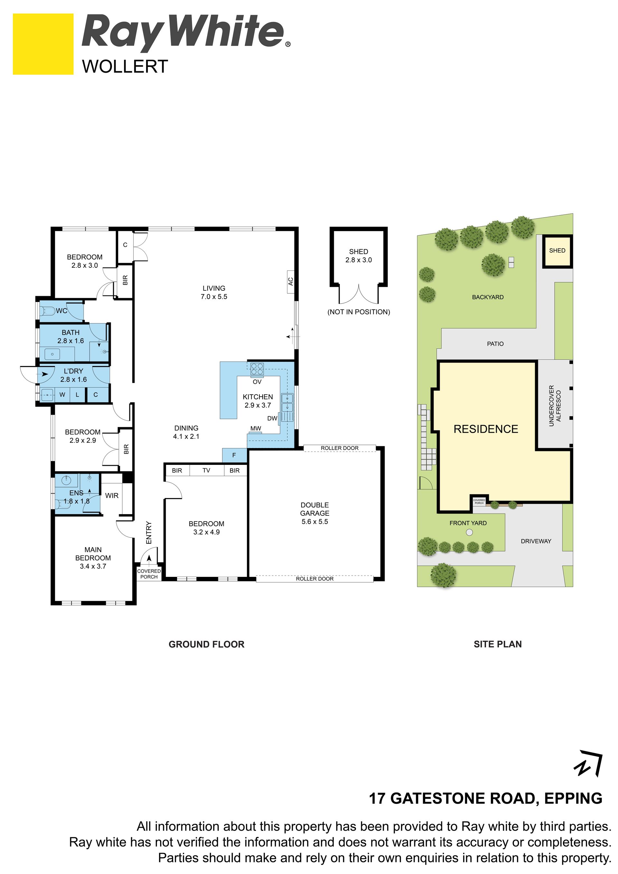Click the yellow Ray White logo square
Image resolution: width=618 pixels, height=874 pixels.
[x=43, y=44]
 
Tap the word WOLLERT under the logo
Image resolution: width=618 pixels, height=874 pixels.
[x=125, y=67]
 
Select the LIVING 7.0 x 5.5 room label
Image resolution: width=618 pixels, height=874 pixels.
[x=214, y=292]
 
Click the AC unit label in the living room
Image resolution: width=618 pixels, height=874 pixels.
[x=291, y=281]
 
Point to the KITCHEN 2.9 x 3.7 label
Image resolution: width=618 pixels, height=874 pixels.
[x=257, y=401]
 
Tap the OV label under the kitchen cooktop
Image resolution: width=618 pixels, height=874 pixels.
[x=257, y=382]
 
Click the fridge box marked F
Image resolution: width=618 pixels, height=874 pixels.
[x=234, y=455]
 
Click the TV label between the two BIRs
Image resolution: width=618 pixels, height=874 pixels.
[x=206, y=471]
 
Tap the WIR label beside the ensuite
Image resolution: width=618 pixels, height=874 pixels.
[x=112, y=496]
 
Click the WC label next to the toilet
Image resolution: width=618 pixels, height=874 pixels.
[x=62, y=311]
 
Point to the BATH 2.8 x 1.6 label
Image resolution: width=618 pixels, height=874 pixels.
[x=71, y=336]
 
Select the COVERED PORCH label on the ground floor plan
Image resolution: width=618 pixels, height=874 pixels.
[x=149, y=574]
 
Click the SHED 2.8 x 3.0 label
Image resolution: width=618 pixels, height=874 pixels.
[x=359, y=256]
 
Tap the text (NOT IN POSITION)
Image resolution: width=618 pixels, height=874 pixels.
[x=359, y=312]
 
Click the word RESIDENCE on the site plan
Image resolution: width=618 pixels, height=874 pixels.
[x=486, y=429]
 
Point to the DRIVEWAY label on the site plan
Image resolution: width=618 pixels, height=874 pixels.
[x=536, y=541]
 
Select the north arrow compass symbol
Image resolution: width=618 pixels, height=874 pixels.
[x=588, y=763]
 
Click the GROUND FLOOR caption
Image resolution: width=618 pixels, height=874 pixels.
[x=207, y=644]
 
